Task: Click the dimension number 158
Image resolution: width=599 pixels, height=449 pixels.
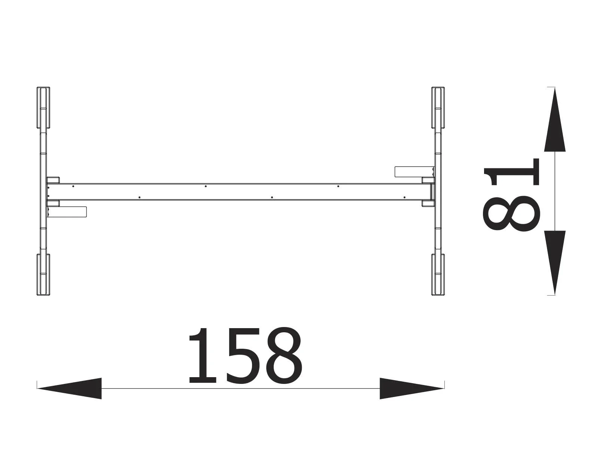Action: tap(245, 356)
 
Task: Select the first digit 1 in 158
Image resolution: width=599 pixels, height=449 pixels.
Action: tap(203, 356)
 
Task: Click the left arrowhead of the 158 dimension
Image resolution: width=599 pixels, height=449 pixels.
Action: tap(70, 388)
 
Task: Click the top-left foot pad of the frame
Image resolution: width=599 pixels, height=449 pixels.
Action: tap(43, 108)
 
